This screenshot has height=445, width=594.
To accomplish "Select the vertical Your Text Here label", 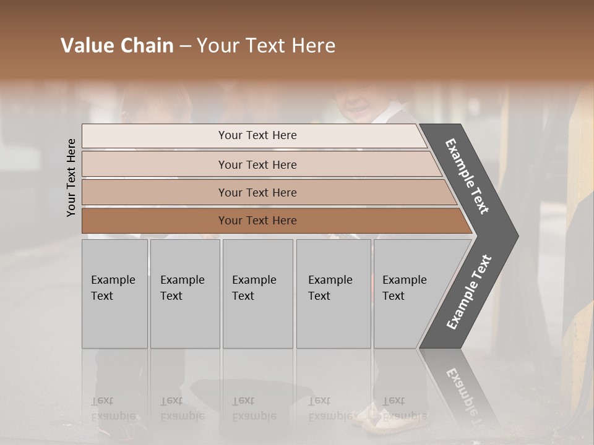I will coord(71,177).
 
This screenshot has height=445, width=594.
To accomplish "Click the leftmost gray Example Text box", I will coord(114,294).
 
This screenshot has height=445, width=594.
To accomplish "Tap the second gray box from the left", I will coord(185,294).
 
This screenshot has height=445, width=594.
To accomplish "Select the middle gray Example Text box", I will coord(257,294).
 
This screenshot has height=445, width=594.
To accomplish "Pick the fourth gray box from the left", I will coord(334,294).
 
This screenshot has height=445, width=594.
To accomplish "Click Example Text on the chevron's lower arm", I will coord(469,292).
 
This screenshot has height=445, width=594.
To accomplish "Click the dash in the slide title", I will coord(185,46).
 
